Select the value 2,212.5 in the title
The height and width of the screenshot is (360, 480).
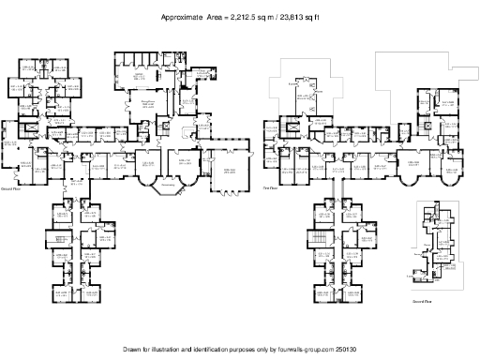pos(235,17)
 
